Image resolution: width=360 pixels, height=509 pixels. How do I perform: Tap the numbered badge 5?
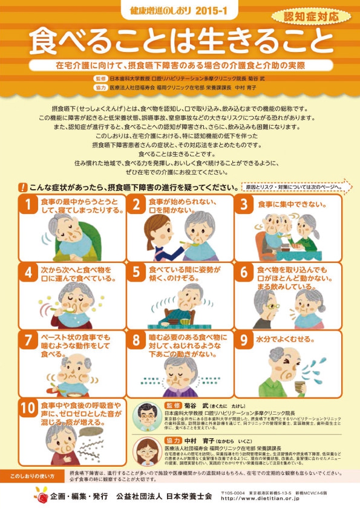pos(137,273)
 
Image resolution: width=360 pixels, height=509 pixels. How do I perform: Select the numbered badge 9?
pos(244,340)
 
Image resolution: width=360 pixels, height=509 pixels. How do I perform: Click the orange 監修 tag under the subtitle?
pos(100,79)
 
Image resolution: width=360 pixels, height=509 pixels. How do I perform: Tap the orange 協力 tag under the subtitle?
pos(100,86)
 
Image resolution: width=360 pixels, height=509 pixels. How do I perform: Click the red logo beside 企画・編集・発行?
pos(42,495)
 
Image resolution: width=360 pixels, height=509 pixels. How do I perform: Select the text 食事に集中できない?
pos(293,204)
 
